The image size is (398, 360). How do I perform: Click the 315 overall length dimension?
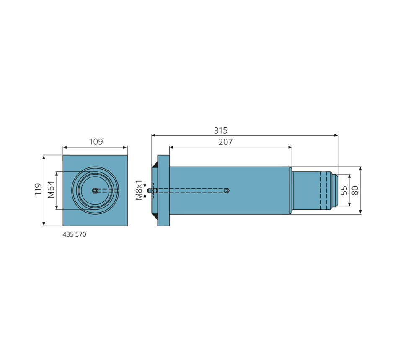coord(220,131)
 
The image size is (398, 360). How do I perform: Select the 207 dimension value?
coord(225,142)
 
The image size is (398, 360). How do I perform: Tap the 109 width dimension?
coord(96,141)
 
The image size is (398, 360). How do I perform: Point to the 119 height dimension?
coord(38,189)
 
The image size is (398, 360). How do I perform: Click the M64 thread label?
coord(51,189)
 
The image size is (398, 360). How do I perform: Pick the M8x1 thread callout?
coord(139,190)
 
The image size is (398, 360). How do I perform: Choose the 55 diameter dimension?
coord(344,190)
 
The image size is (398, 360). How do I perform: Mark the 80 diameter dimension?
coord(355,190)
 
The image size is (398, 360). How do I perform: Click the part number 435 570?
coord(75,234)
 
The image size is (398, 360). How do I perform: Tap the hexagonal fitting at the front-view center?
coord(95,190)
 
